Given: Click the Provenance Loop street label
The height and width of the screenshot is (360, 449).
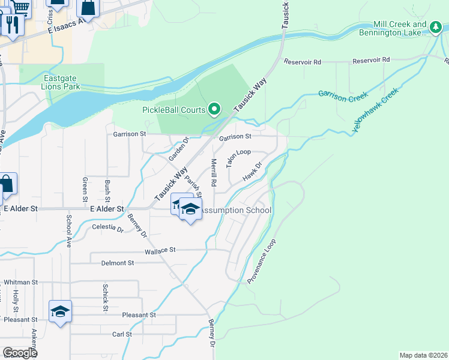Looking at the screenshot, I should (x=261, y=262).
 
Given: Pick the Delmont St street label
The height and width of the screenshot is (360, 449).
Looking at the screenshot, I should (x=117, y=263).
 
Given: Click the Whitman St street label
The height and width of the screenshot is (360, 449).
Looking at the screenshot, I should (x=20, y=282).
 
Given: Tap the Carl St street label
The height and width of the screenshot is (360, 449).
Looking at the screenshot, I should (x=122, y=334).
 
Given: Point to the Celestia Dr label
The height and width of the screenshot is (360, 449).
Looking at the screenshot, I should (x=108, y=228).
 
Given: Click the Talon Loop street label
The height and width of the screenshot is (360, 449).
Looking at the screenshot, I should (x=238, y=158).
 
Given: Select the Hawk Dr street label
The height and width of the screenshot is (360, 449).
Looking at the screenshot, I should (x=252, y=172).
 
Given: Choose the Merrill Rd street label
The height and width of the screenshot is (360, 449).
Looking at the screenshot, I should (x=213, y=172).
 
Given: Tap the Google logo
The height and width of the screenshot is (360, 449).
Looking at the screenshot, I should (x=20, y=352).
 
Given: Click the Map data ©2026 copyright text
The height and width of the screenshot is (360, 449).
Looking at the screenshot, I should (x=423, y=355).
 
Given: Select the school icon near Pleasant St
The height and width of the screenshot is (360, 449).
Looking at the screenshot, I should (x=60, y=311).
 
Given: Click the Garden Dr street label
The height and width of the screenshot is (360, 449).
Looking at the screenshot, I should (x=178, y=149).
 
